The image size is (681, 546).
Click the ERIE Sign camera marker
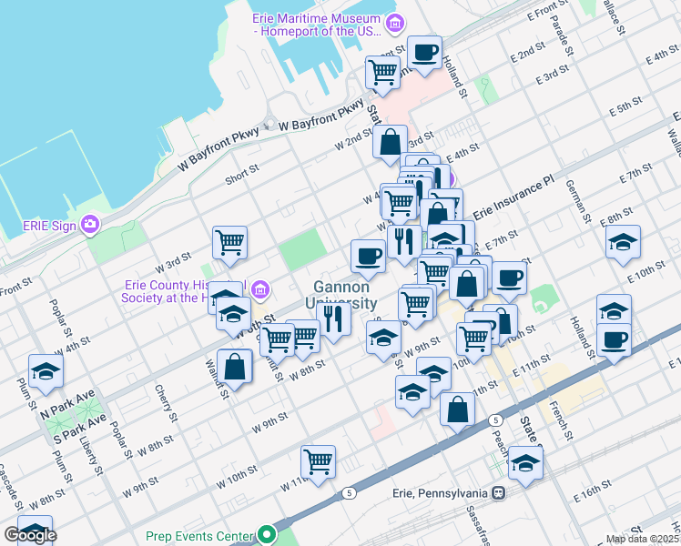[x=90, y=223]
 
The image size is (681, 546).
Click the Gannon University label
[x=346, y=295]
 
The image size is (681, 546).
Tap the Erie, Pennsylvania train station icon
[x=498, y=493]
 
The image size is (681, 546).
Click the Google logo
[x=30, y=535]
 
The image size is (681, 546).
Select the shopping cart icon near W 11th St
[x=318, y=461]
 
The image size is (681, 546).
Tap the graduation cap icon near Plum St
[x=46, y=370]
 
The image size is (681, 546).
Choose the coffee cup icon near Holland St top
[x=424, y=52]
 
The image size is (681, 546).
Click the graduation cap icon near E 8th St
[x=623, y=241]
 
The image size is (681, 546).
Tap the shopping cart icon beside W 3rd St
[x=229, y=242]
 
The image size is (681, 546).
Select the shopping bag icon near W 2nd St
[x=390, y=142]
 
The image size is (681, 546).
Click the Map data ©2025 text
[x=642, y=539]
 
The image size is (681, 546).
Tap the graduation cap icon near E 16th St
[x=525, y=462]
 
